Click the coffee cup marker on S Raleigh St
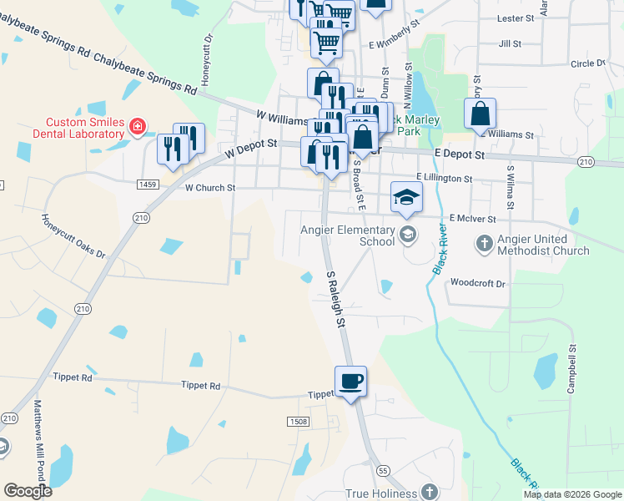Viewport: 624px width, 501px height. click(x=350, y=382)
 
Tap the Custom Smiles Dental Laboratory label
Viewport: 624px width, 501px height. click(x=73, y=128)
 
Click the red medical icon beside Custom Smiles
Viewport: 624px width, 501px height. click(x=138, y=128)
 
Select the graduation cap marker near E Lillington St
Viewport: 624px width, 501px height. click(x=406, y=197)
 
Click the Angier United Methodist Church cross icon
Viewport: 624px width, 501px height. click(x=483, y=244)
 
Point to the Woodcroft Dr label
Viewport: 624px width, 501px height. click(x=478, y=284)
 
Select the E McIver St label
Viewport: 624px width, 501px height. click(x=472, y=218)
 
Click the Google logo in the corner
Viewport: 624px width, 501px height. click(x=28, y=491)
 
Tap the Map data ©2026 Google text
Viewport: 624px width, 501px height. click(x=571, y=494)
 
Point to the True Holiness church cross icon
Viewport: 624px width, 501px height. click(x=429, y=492)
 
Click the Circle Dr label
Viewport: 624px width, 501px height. click(x=588, y=63)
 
